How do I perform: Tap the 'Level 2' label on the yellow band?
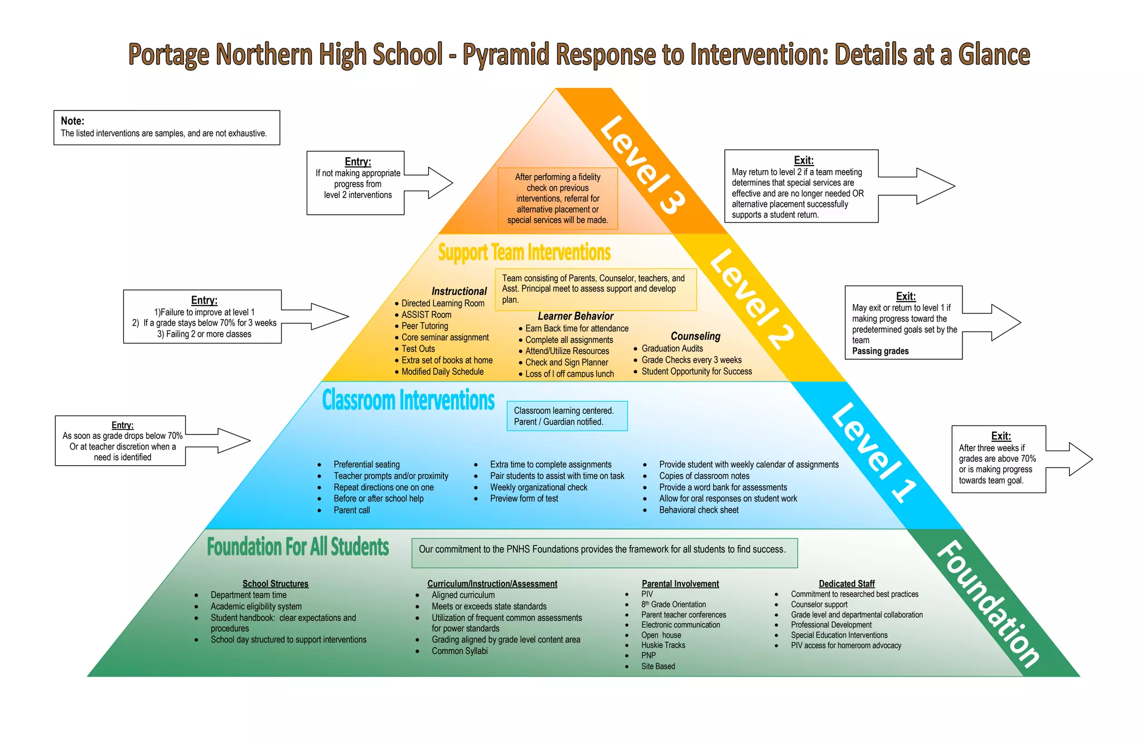(x=751, y=299)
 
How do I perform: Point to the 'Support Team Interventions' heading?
(x=524, y=253)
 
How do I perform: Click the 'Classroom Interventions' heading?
(x=408, y=400)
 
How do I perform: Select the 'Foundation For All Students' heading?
(x=298, y=547)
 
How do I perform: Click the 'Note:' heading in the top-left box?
(x=72, y=121)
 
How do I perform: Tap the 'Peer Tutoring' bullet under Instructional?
(x=424, y=326)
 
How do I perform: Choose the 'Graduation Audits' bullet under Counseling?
(x=672, y=349)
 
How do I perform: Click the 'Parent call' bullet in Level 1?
(x=351, y=510)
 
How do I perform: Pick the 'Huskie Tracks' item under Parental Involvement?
(x=663, y=645)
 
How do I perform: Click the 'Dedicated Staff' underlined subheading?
(x=846, y=583)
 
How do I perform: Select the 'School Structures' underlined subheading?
(x=275, y=583)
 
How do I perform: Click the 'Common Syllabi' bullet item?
(x=459, y=651)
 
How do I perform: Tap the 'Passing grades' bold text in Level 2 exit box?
(x=880, y=351)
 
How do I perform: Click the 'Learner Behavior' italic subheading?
(x=575, y=316)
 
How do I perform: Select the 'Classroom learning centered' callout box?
(x=567, y=416)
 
